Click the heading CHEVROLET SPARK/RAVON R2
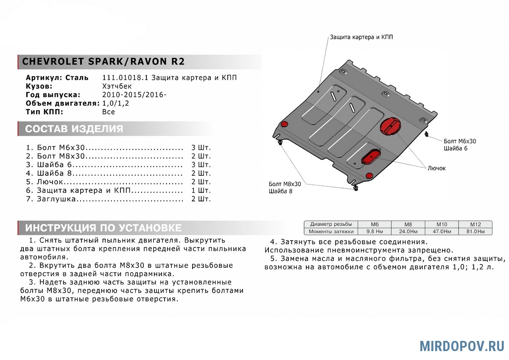pyautogui.click(x=103, y=61)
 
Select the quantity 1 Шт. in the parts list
pyautogui.click(x=201, y=190)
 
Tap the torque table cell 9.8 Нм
pyautogui.click(x=374, y=231)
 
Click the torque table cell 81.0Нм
pyautogui.click(x=475, y=231)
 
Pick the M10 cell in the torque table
pyautogui.click(x=441, y=224)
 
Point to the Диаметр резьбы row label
pyautogui.click(x=330, y=224)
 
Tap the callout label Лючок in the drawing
pyautogui.click(x=436, y=168)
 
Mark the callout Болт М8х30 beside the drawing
pyautogui.click(x=285, y=184)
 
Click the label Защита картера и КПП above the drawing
pyautogui.click(x=361, y=37)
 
